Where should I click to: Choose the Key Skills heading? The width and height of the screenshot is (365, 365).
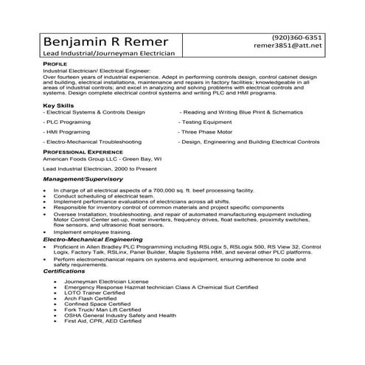(x=59, y=105)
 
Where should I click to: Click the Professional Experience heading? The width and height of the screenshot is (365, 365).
(x=82, y=150)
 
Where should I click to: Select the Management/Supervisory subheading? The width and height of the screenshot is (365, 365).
(x=83, y=178)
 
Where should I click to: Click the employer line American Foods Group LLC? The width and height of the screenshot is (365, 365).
(x=102, y=158)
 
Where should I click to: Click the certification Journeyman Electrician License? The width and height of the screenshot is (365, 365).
(x=106, y=282)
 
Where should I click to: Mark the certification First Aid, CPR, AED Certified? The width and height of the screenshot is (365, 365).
(x=102, y=321)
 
